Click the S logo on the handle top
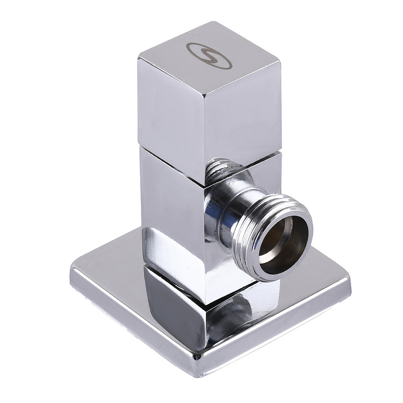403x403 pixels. pyautogui.click(x=209, y=55)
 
